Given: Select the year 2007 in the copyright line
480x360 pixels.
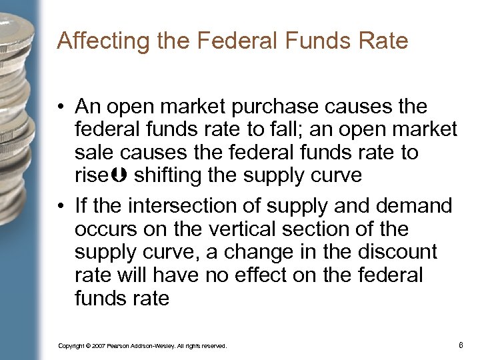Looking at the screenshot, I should [98, 346].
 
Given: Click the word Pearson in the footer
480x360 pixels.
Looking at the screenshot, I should [120, 346].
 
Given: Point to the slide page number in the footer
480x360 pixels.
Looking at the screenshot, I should [461, 345].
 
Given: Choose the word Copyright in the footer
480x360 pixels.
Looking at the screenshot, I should [71, 346].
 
